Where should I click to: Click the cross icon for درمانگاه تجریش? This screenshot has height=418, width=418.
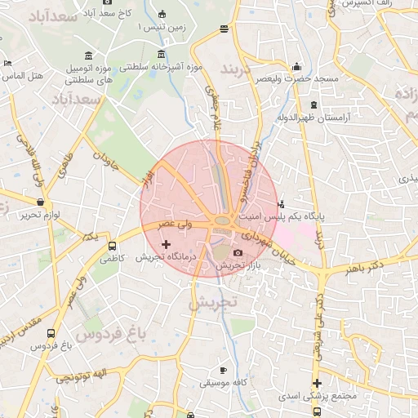click(x=167, y=244)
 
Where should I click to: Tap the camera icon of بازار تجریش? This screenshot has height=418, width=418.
click(x=238, y=253)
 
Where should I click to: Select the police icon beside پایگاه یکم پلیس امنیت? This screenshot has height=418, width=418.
click(x=282, y=204)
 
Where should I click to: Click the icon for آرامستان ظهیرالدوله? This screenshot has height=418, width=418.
click(x=314, y=104)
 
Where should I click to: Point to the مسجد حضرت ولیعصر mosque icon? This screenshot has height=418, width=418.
click(x=296, y=66)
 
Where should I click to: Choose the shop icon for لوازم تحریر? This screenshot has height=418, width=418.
click(x=40, y=201)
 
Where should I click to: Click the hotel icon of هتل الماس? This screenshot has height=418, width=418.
click(x=7, y=64)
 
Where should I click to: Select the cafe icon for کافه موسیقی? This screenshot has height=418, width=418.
click(x=224, y=370)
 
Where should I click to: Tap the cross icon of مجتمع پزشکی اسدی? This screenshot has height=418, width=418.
click(x=317, y=383)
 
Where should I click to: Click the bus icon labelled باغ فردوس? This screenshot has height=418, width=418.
click(x=51, y=333)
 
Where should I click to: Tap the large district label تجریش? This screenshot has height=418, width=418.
click(x=212, y=302)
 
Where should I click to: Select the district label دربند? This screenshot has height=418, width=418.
click(x=238, y=65)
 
